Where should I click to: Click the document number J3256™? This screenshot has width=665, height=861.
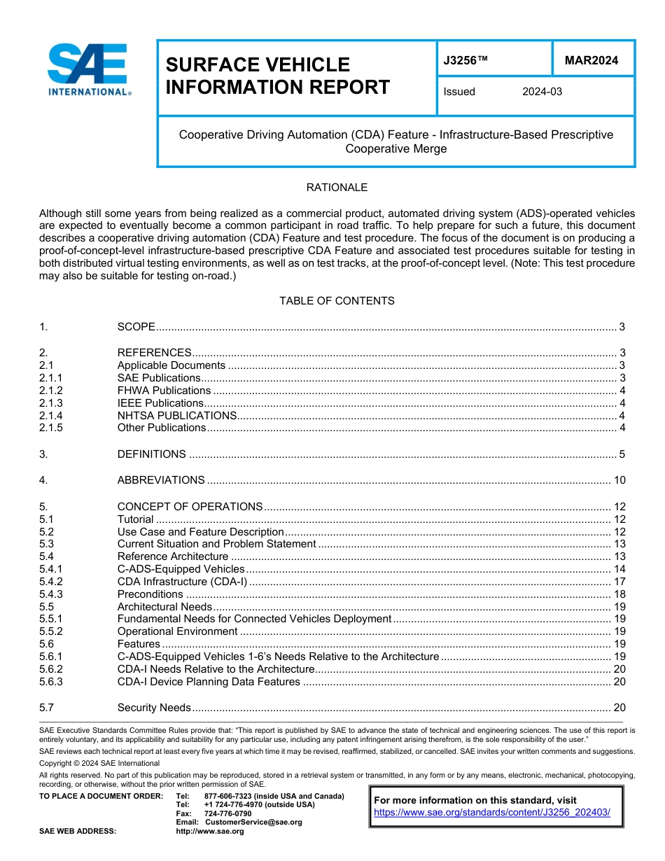pos(465,61)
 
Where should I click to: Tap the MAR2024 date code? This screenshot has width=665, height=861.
pos(591,61)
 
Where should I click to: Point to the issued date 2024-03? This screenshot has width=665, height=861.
pos(542,92)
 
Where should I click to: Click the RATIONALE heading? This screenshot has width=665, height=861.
pos(337,188)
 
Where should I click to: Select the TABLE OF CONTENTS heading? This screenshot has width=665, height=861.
pos(337,301)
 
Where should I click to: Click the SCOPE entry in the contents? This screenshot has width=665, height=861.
pos(136,327)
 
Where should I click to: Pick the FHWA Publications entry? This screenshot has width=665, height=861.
pos(164,391)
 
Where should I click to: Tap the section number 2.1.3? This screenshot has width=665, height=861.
pos(51,403)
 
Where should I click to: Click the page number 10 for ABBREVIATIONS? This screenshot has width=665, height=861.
pos(619,480)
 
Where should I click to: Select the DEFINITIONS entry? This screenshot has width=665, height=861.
pos(152,454)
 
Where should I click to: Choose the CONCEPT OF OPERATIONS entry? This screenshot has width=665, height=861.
pos(190,507)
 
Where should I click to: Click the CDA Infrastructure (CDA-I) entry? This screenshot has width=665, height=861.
pos(182,582)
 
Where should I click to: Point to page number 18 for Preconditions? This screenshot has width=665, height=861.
pos(619,594)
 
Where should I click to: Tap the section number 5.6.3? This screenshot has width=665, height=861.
pos(51,682)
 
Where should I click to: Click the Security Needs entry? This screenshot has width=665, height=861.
pos(154,708)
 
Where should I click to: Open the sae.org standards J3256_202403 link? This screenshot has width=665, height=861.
pos(492,813)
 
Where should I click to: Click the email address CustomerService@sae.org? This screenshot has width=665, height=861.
pos(253,822)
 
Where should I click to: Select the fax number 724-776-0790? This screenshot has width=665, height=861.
pos(227,813)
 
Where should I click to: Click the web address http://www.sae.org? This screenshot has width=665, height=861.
pos(224,831)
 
